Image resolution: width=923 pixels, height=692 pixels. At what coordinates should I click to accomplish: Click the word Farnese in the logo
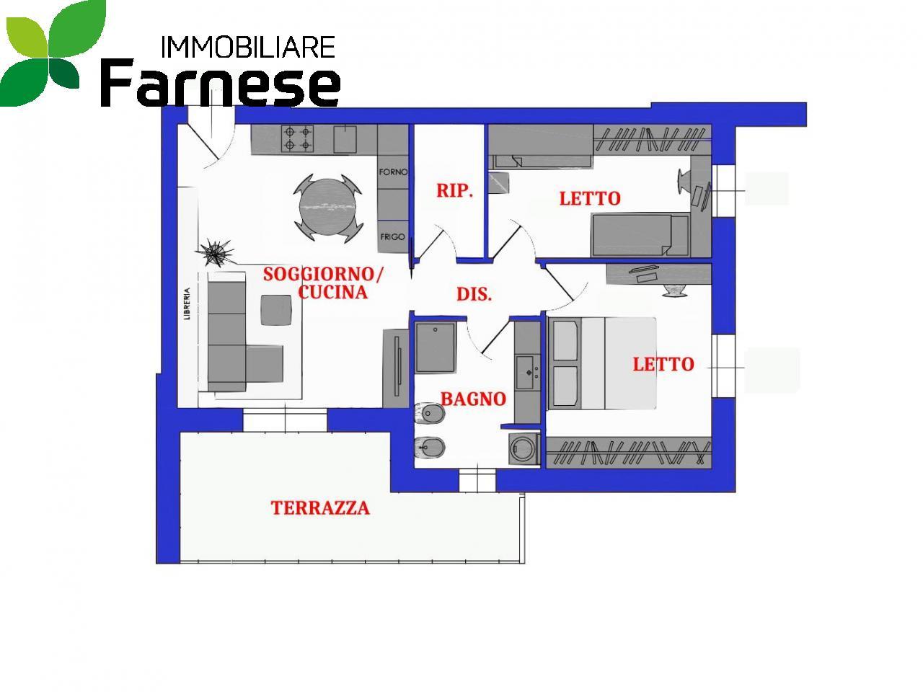click(x=221, y=82)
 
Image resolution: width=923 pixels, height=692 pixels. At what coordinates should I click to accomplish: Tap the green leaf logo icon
click(x=53, y=53)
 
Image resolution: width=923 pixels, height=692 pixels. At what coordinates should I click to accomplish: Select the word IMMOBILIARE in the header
click(x=248, y=47)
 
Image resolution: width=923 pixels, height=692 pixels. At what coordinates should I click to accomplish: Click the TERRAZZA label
click(x=320, y=508)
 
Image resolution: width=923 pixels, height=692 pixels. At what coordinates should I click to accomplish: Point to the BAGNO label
click(x=473, y=399)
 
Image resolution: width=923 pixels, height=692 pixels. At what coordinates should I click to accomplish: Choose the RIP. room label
click(x=454, y=191)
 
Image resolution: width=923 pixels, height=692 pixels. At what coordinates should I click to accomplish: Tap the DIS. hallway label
click(x=474, y=294)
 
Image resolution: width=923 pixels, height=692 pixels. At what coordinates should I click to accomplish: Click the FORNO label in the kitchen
click(x=393, y=172)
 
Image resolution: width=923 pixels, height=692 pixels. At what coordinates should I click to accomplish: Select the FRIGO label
click(x=392, y=237)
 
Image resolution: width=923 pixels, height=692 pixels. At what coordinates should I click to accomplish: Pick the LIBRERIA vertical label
click(x=187, y=303)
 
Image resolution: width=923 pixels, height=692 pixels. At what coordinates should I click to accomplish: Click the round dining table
click(x=327, y=208)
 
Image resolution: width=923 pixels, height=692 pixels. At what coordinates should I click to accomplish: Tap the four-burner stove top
click(x=298, y=139)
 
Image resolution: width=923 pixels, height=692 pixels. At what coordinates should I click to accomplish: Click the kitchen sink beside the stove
click(x=345, y=139)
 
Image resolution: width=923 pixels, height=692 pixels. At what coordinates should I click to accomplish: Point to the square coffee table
click(x=276, y=310)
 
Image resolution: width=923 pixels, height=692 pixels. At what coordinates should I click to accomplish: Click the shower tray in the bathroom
click(x=436, y=348)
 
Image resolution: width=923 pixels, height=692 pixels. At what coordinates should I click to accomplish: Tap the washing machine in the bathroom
click(x=524, y=448)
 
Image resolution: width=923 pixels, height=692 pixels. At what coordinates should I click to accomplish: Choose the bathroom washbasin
click(x=527, y=372)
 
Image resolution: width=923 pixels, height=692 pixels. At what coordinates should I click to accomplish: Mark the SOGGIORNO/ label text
click(x=323, y=275)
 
